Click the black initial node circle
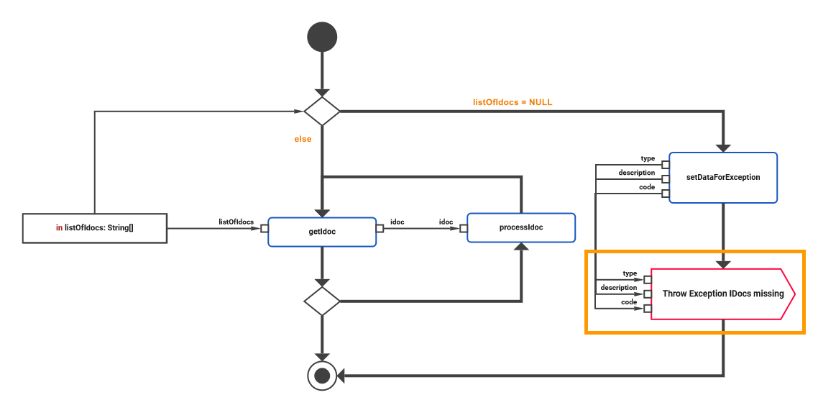pos(321,37)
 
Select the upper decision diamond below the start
pos(321,111)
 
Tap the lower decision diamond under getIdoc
pos(321,301)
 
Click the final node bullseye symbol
pos(321,375)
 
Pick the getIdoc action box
pos(321,232)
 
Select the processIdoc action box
pos(521,227)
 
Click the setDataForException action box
pos(723,177)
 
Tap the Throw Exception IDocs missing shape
pos(722,294)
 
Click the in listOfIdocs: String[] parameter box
pos(95,228)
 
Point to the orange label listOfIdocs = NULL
pos(513,102)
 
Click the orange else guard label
pos(303,139)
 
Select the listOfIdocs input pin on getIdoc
pos(264,229)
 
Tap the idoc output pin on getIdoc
pos(380,229)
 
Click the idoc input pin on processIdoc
pos(464,229)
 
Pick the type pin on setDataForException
pos(666,165)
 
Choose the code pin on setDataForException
pos(666,194)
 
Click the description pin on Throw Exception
pos(647,294)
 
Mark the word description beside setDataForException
pos(636,173)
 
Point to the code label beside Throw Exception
pos(629,302)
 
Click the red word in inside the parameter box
pos(59,228)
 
